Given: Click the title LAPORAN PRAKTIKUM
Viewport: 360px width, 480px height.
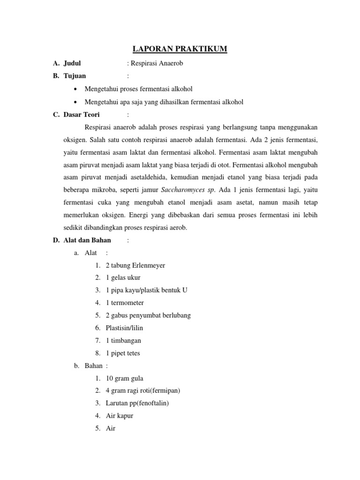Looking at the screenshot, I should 180,49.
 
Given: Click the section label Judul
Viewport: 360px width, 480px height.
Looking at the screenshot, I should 73,63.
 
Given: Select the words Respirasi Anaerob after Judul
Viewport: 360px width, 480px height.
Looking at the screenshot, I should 156,63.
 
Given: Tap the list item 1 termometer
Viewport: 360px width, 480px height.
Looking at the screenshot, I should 125,303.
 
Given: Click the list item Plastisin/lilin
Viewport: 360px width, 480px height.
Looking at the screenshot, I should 127,328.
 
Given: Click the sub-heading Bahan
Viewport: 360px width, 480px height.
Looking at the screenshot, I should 93,366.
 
